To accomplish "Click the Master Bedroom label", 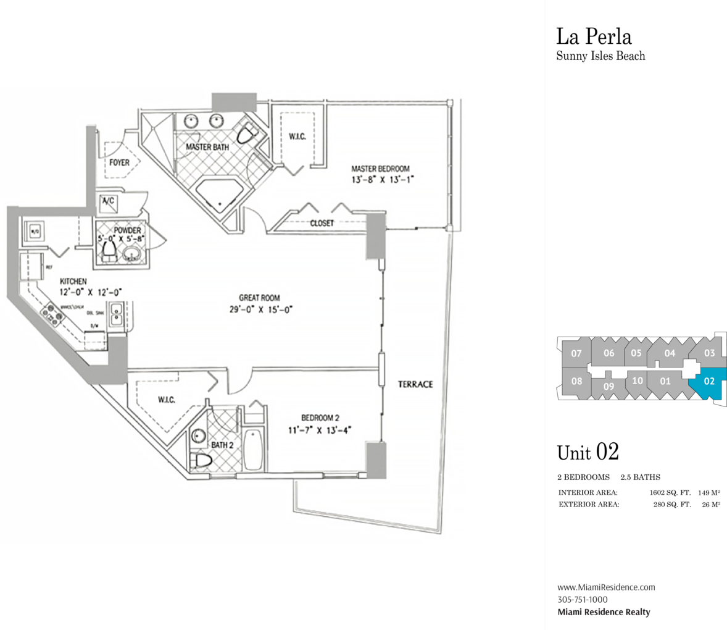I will (380, 169).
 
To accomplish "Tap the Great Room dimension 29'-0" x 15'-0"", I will (260, 309).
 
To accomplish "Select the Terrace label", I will (415, 384).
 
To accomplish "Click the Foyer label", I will (119, 162).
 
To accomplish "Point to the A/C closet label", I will (107, 200).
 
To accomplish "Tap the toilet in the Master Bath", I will (248, 134).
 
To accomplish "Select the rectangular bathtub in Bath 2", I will (253, 450).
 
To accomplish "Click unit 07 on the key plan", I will (576, 354).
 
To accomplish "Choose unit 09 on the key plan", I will (609, 387).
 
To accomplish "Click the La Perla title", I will (594, 36).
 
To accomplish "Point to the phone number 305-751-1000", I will (582, 600).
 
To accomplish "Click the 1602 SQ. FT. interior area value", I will (670, 493).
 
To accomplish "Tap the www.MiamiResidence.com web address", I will (606, 587).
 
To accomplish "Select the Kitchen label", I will (73, 282).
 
